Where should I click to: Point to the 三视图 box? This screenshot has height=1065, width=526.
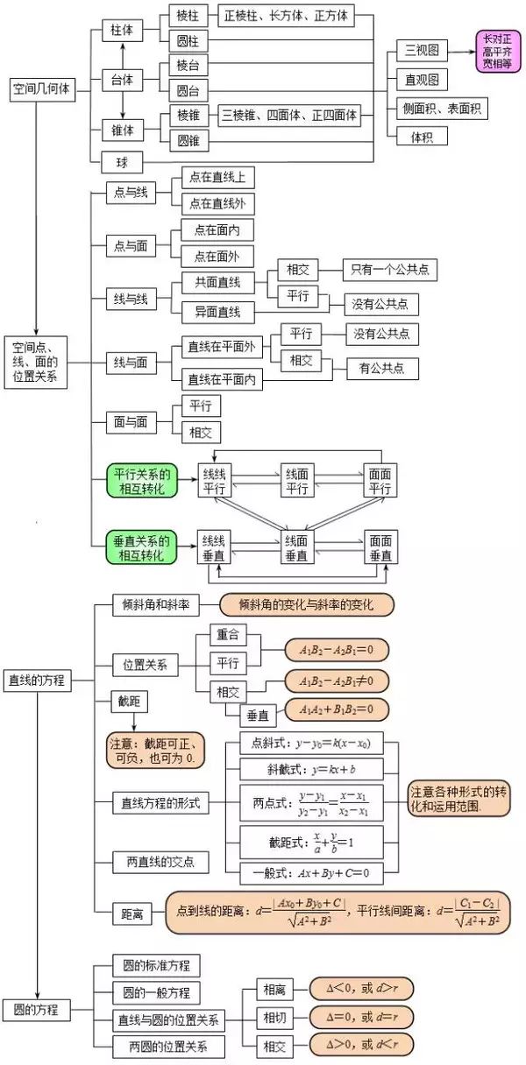tap(422, 50)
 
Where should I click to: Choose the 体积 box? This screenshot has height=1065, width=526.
tap(421, 137)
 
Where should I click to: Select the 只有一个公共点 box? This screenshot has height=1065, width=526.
tap(389, 270)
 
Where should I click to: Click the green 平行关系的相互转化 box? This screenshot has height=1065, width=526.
tap(141, 481)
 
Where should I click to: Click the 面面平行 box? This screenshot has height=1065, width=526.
tap(380, 481)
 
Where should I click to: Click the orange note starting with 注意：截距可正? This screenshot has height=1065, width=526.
tap(154, 751)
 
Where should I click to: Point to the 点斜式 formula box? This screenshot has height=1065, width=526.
tap(310, 744)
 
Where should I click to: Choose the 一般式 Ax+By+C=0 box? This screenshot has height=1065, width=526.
tap(312, 872)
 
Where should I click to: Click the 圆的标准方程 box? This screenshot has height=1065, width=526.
tap(156, 966)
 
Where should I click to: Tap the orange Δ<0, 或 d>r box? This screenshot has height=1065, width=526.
tap(360, 989)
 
